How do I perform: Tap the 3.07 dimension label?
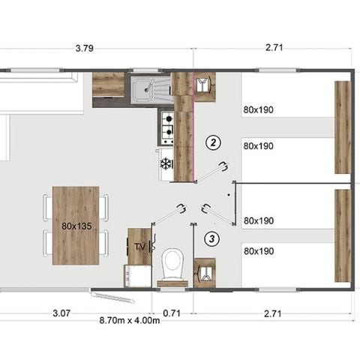(62, 313)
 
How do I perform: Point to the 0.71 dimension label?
(172, 313)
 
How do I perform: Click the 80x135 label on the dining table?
(76, 225)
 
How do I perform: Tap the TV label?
(139, 246)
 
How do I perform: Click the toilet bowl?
(173, 265)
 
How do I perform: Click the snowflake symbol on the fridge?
(166, 163)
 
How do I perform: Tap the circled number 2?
(214, 142)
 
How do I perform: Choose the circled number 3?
(214, 240)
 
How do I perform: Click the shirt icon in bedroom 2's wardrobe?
(202, 84)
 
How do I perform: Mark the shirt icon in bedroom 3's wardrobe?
(203, 271)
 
